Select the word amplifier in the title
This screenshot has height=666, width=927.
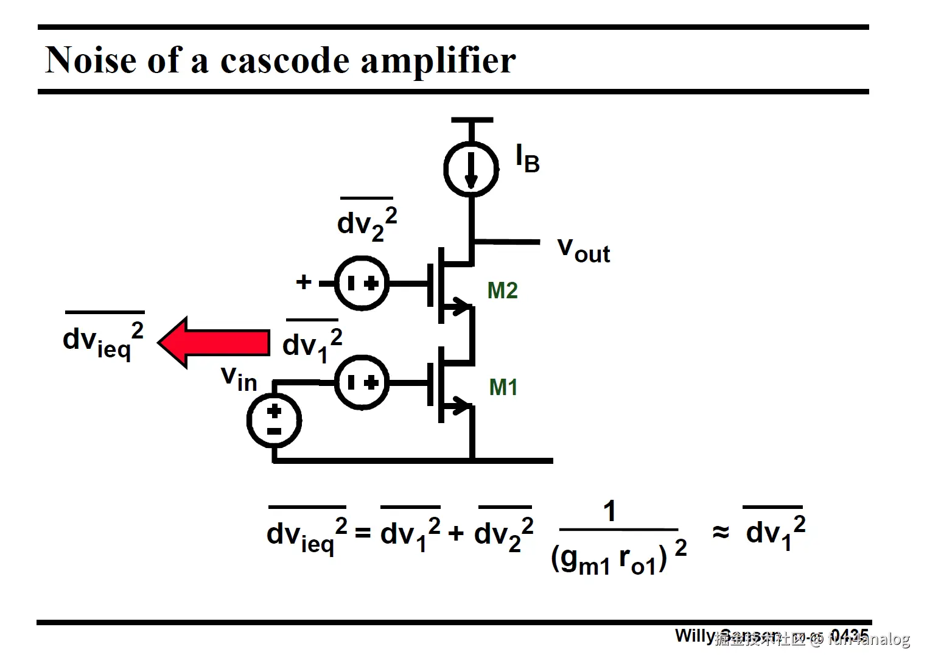pyautogui.click(x=438, y=61)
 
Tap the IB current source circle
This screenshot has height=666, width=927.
pyautogui.click(x=471, y=169)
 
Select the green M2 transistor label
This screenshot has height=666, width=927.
pyautogui.click(x=502, y=290)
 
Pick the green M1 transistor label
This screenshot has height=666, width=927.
pyautogui.click(x=503, y=387)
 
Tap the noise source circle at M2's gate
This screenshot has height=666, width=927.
pyautogui.click(x=362, y=283)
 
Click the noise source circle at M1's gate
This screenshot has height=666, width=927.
pyautogui.click(x=362, y=382)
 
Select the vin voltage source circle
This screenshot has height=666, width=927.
pyautogui.click(x=274, y=421)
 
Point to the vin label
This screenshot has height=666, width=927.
pyautogui.click(x=239, y=378)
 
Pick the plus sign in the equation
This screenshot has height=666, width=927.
pyautogui.click(x=456, y=534)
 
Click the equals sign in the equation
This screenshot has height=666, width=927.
pyautogui.click(x=363, y=533)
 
